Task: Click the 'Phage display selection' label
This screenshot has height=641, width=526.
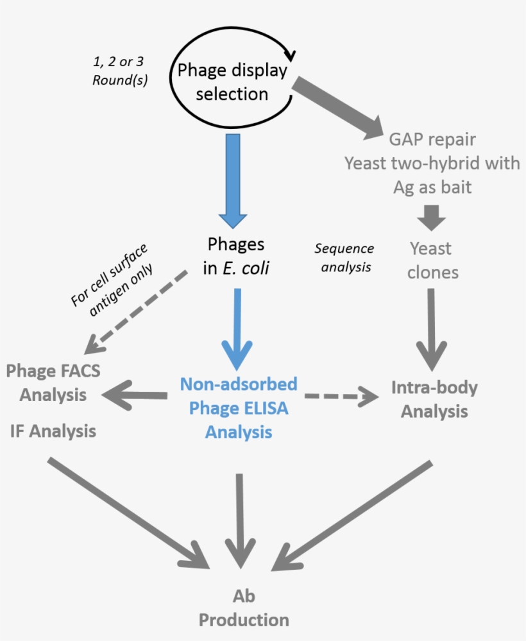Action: coord(232,82)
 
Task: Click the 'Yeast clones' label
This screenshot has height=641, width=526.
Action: coord(434,261)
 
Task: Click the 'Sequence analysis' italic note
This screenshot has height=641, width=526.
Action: coord(344,258)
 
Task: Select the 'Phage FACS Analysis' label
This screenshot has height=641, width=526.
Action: coord(53,382)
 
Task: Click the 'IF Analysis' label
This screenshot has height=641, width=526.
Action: coord(53,431)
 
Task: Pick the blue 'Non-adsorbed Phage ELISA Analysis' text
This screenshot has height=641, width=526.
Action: coord(239,408)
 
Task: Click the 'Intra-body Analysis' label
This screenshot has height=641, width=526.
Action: coord(434,399)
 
